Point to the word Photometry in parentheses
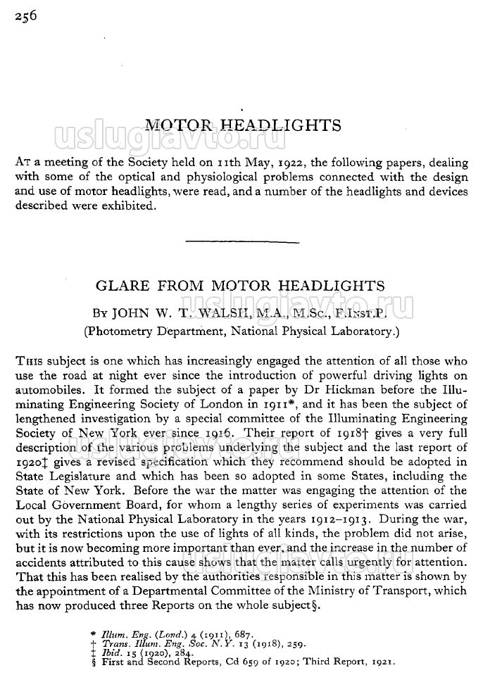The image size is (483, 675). [120, 329]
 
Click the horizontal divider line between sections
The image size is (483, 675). [241, 242]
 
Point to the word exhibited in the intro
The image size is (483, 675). [127, 207]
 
